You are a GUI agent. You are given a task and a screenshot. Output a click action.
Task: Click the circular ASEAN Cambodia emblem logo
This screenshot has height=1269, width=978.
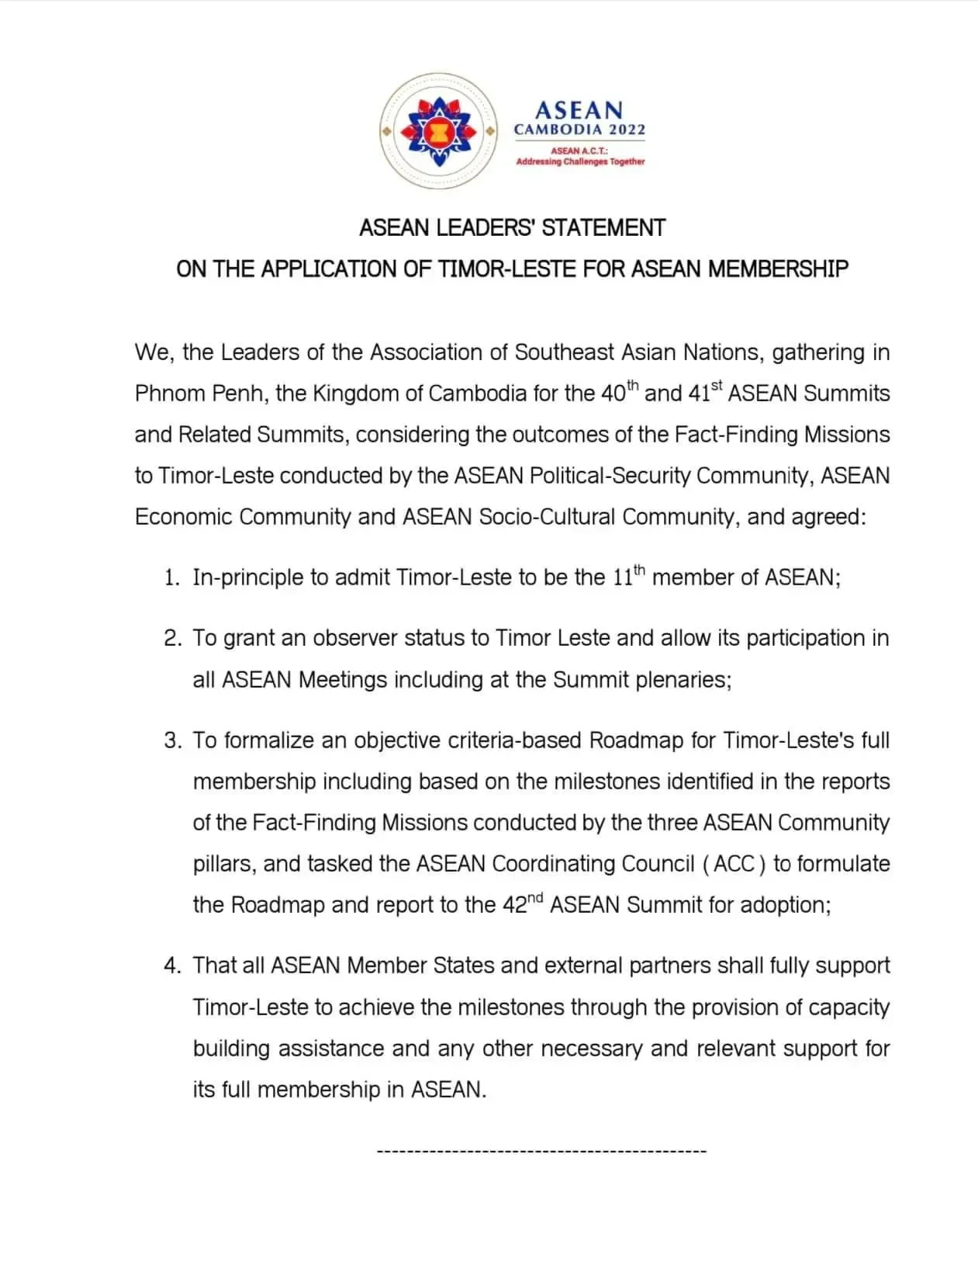coord(438,131)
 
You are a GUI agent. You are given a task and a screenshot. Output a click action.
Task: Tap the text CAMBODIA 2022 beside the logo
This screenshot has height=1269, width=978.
coord(579,130)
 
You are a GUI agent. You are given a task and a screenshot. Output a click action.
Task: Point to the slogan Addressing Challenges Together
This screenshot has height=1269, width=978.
coord(580,161)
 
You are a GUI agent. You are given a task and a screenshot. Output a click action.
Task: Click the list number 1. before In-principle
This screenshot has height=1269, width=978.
coord(171,578)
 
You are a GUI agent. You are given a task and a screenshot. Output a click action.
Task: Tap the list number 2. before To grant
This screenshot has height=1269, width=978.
coord(172,639)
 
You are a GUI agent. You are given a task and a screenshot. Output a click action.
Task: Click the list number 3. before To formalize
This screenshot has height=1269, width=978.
coord(172,740)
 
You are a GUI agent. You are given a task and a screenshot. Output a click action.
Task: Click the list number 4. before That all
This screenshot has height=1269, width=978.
coord(172,966)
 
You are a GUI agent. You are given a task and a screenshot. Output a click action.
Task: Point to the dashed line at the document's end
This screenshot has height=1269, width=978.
coord(541,1150)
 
